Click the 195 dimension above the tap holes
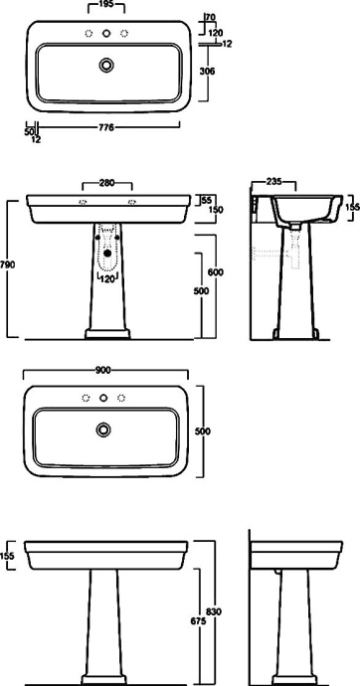click(x=106, y=5)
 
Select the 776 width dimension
click(x=106, y=127)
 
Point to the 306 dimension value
click(x=207, y=71)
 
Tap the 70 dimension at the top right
click(x=211, y=18)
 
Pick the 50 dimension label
click(x=29, y=131)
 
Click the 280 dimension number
click(x=106, y=183)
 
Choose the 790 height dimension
click(x=7, y=265)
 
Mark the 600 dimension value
click(x=216, y=272)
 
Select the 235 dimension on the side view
click(x=273, y=182)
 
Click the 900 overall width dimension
click(x=103, y=370)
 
